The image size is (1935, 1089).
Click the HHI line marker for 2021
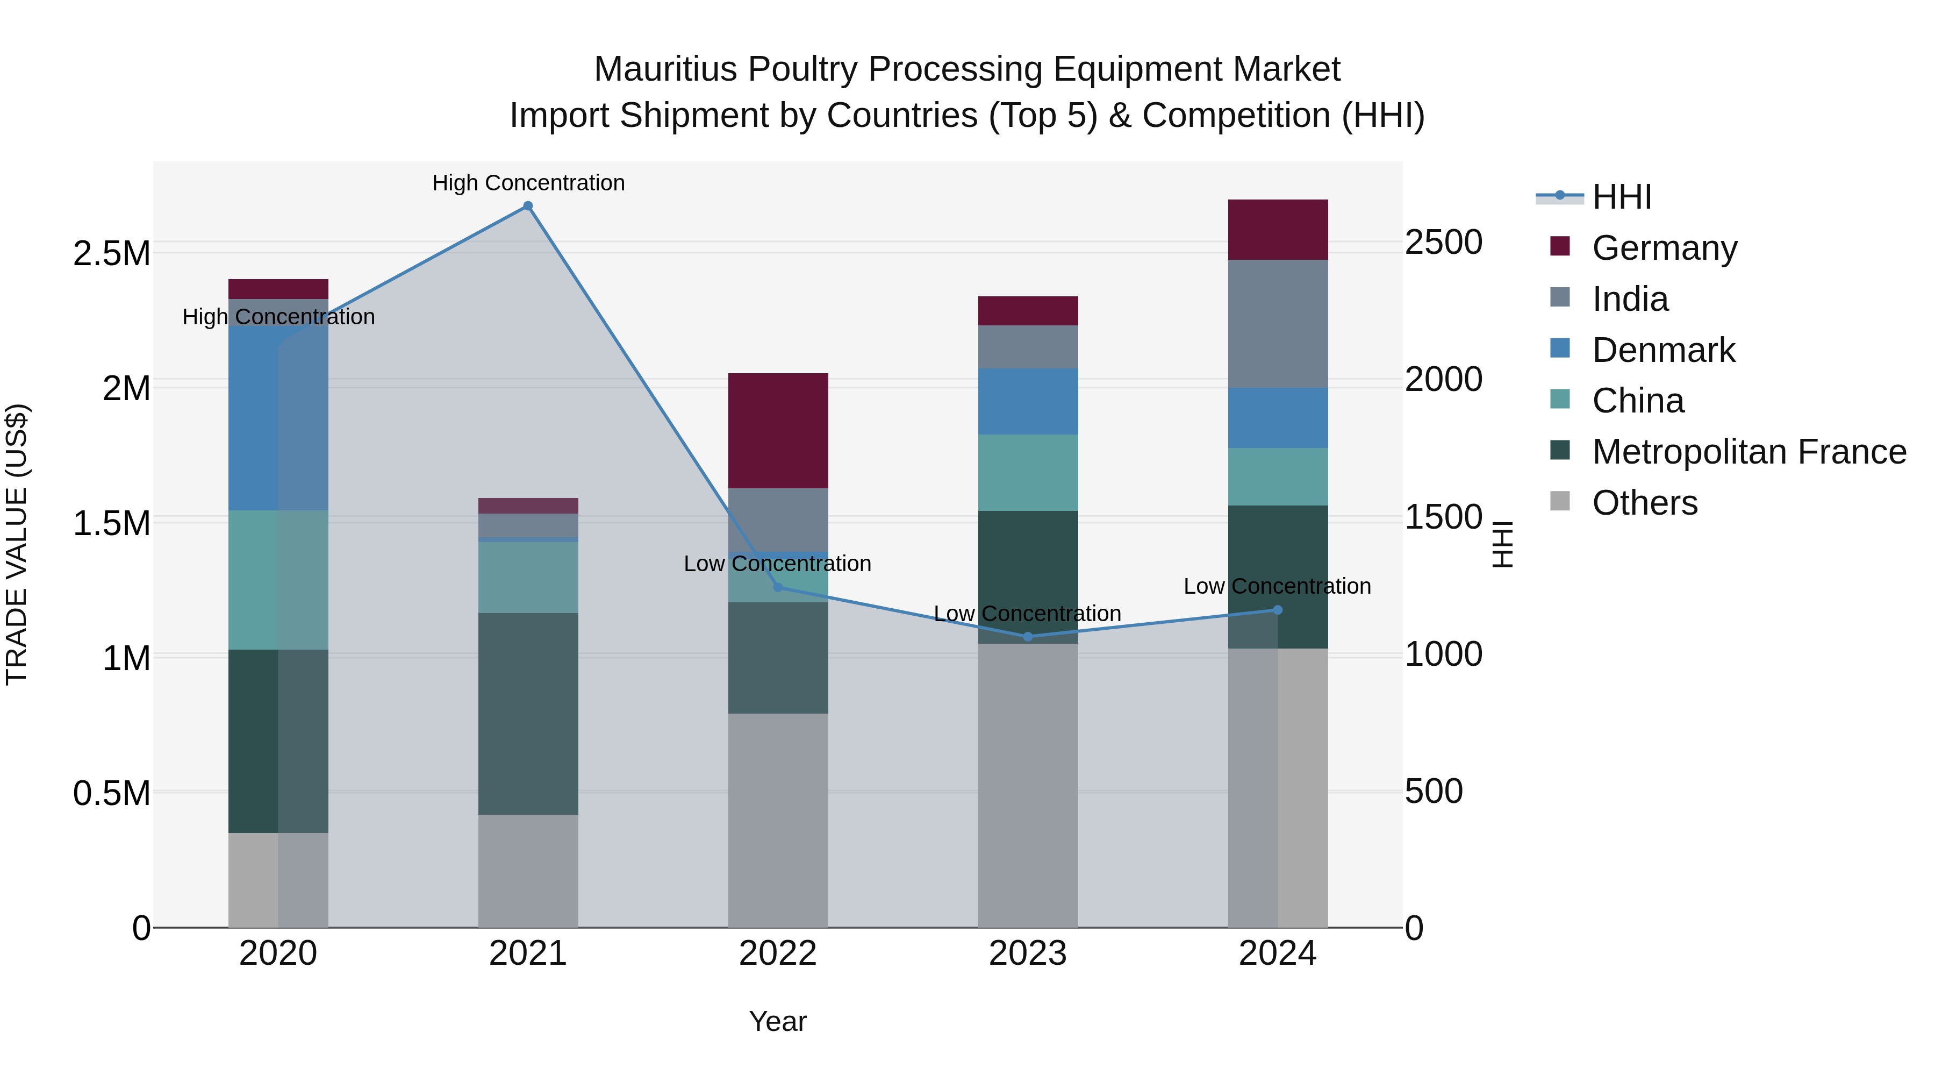click(x=527, y=206)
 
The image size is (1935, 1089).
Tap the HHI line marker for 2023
click(x=1028, y=637)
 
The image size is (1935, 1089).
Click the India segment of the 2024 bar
click(x=1277, y=324)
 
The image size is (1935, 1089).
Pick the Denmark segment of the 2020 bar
click(x=253, y=418)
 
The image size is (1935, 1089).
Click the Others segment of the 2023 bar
click(x=1028, y=785)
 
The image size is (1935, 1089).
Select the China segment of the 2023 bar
click(x=1028, y=473)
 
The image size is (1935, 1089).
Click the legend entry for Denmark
click(x=1662, y=350)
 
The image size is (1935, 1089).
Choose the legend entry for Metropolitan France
click(x=1748, y=452)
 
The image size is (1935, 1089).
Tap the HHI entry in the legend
click(x=1621, y=197)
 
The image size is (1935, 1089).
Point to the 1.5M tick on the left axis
click(x=111, y=523)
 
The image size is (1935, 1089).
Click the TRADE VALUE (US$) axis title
click(x=17, y=544)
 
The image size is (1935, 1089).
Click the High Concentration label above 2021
click(x=527, y=183)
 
